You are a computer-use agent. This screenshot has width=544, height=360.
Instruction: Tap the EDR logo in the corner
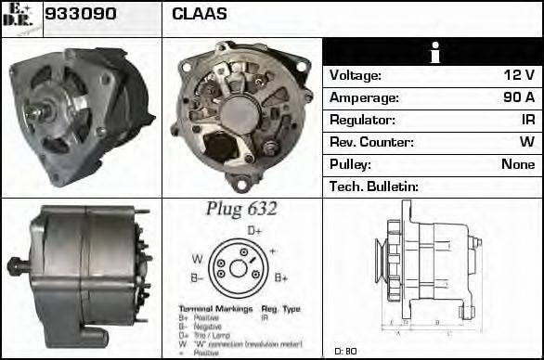point(20,18)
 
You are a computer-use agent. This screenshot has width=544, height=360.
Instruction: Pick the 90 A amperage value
point(517,97)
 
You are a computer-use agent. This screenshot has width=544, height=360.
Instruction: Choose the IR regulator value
point(527,120)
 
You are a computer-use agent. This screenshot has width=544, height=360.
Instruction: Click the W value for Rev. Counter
point(526,142)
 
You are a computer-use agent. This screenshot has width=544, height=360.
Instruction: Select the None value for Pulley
point(518,164)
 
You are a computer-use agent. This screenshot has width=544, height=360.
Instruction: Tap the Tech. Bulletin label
point(373,186)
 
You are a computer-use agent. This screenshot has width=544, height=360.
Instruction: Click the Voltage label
point(356,75)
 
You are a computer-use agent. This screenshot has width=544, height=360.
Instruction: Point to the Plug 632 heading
point(240,210)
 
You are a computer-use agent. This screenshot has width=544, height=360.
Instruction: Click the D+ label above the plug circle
point(254,230)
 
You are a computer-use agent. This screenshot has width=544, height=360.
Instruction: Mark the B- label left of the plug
point(198,277)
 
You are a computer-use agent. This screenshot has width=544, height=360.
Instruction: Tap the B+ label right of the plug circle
point(280,277)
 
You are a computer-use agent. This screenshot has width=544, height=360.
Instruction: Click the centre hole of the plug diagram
point(238,269)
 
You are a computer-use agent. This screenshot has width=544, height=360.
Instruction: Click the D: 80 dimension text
point(345,350)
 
